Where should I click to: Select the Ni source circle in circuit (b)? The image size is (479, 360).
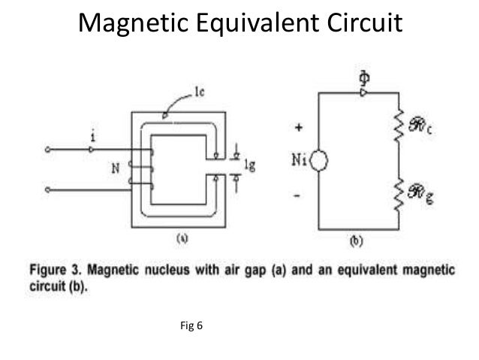[x=318, y=160]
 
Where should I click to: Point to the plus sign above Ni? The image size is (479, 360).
[x=299, y=129]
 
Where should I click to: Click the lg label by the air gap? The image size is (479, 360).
[x=251, y=167]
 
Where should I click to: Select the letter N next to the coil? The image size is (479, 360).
[x=116, y=169]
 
